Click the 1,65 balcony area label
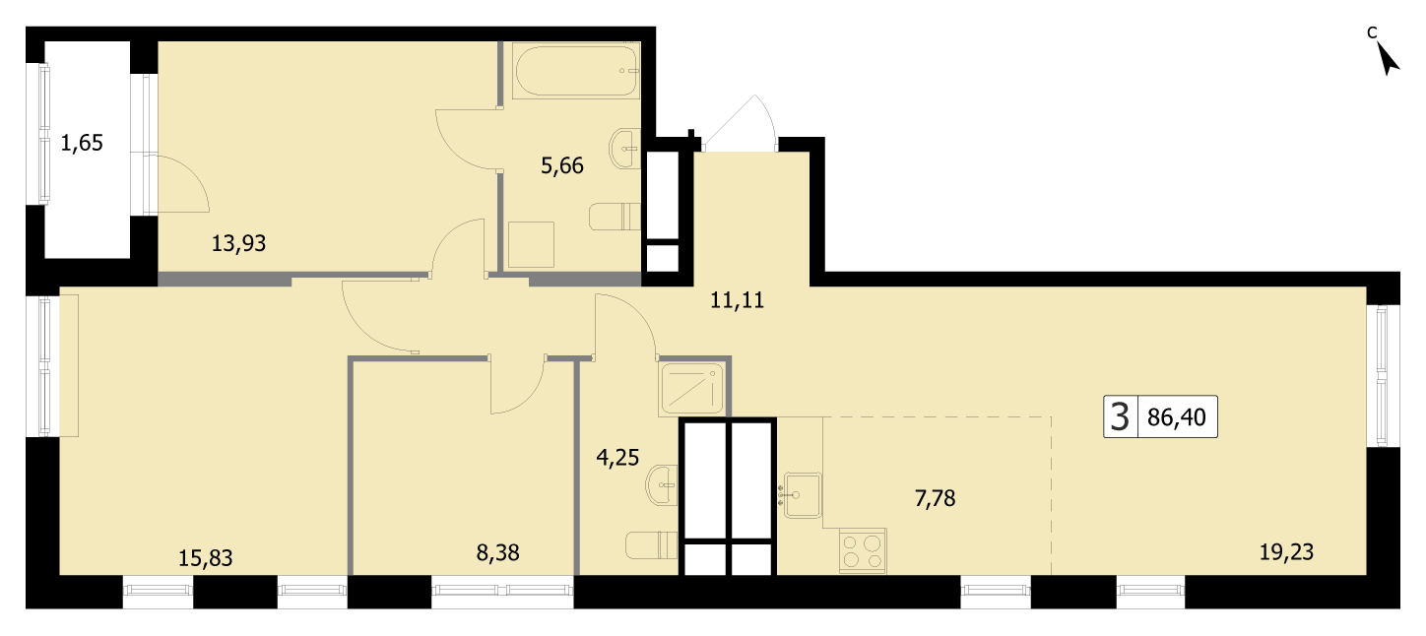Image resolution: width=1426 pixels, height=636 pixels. tap(82, 143)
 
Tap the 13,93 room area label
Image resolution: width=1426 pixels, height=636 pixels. tap(238, 243)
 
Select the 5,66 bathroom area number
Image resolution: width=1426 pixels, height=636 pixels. tap(562, 165)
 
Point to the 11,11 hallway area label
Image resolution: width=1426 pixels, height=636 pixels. tap(738, 300)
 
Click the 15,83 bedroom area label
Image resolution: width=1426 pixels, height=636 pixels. tap(206, 558)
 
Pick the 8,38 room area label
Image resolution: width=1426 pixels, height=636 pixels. tap(498, 552)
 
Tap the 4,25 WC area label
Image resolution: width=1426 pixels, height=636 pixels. tap(617, 457)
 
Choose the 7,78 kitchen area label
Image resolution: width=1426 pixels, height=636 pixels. tap(936, 498)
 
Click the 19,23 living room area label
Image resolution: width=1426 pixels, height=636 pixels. tap(1286, 552)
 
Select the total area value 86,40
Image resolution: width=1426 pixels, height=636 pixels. tap(1177, 417)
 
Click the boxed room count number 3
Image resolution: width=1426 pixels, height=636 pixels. tap(1120, 417)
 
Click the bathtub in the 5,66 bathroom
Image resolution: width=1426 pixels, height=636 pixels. tap(577, 71)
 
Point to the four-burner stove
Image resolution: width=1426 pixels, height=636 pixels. tap(864, 550)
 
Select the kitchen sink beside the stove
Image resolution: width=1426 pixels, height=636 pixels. tap(802, 495)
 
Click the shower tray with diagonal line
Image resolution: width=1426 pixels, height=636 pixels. tap(692, 388)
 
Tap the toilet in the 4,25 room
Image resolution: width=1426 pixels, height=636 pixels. tap(652, 545)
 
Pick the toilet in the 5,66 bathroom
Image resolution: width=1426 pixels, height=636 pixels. tap(615, 217)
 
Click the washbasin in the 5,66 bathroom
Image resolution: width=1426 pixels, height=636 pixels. tap(625, 149)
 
